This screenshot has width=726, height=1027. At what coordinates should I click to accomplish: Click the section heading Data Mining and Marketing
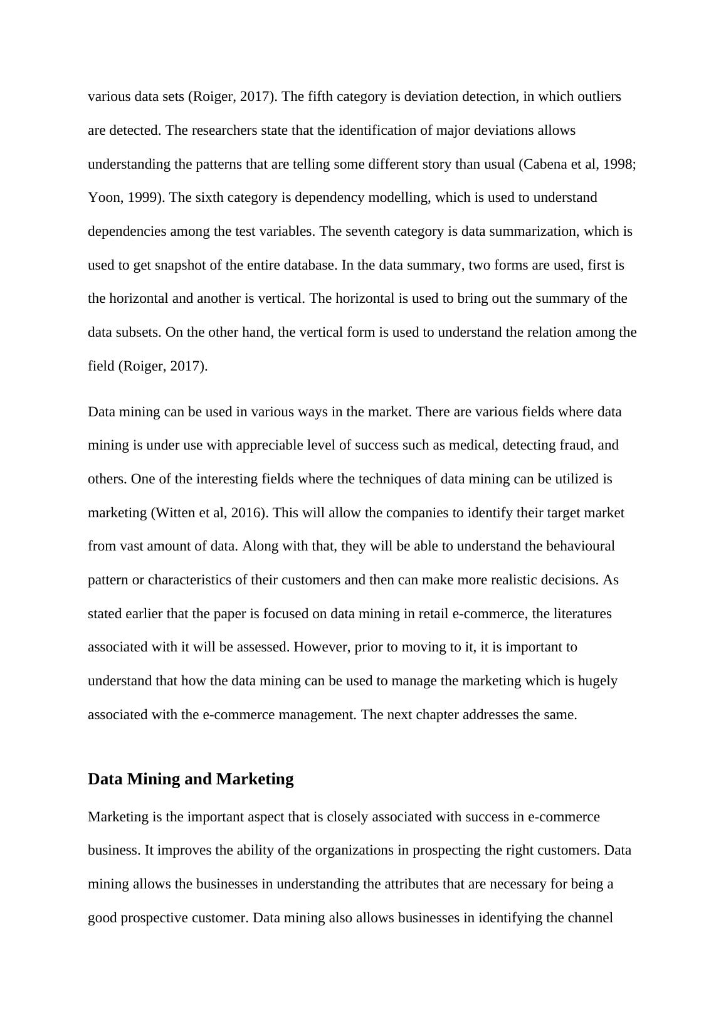pyautogui.click(x=191, y=779)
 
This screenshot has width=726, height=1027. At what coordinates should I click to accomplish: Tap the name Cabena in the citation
pyautogui.click(x=546, y=164)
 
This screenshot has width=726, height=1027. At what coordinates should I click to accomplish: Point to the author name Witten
pyautogui.click(x=174, y=513)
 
